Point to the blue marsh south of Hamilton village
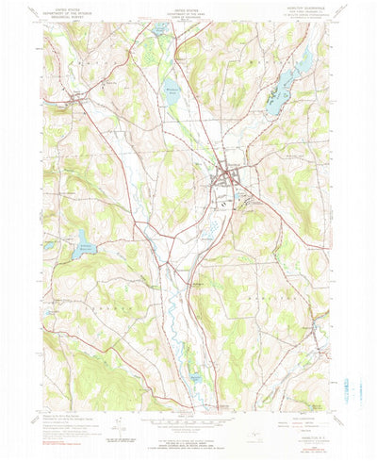click(213, 226)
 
